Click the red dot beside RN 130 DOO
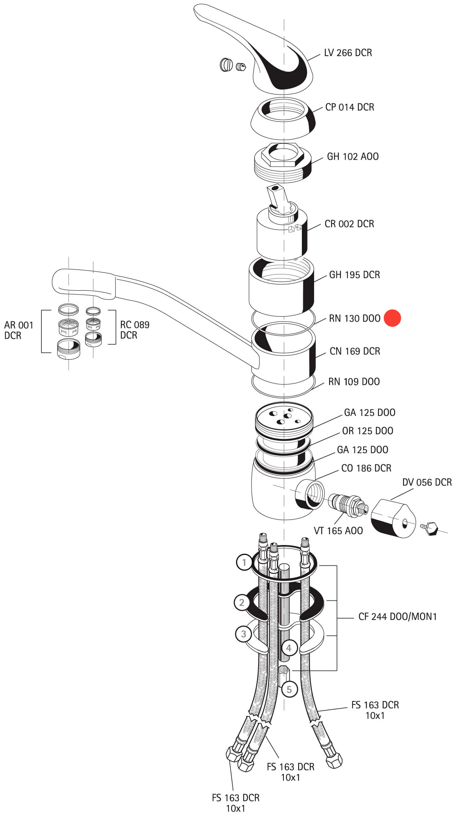[392, 318]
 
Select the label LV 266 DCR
[348, 53]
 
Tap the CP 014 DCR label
[349, 107]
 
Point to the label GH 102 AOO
[352, 156]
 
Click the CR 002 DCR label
[349, 224]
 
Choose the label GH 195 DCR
[354, 275]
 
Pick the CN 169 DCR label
[354, 351]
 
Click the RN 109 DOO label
[354, 382]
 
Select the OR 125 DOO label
[367, 431]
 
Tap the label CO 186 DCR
[366, 468]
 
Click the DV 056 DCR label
[427, 482]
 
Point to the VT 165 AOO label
[338, 530]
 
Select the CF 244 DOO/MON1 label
[397, 616]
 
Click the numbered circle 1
[244, 563]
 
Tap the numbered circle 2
[241, 603]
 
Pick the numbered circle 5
[289, 689]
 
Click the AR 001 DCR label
[19, 330]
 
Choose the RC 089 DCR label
[135, 330]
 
